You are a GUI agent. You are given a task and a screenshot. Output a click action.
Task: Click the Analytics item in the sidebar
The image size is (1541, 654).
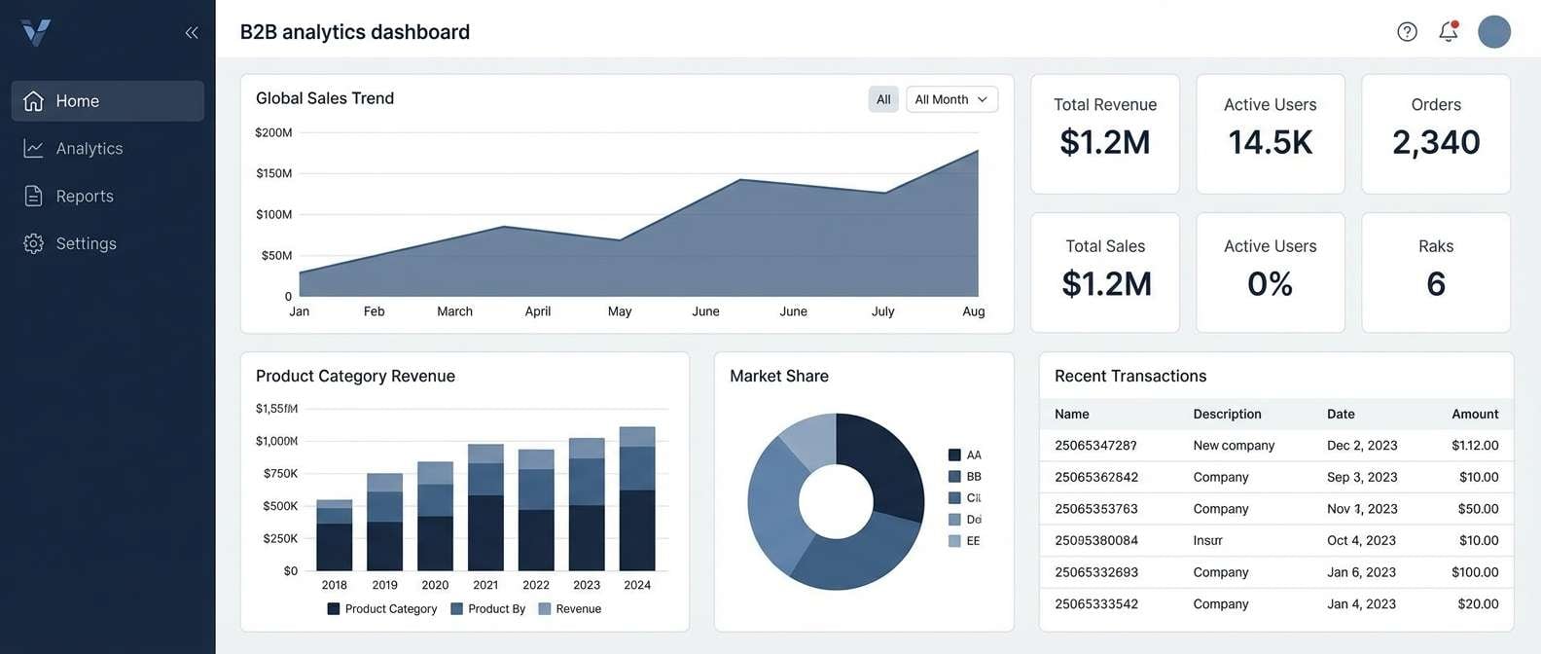tap(89, 149)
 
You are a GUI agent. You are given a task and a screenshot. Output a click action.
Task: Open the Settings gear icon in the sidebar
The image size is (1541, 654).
tap(34, 243)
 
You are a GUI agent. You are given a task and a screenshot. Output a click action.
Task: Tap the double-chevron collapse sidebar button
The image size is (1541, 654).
tap(192, 33)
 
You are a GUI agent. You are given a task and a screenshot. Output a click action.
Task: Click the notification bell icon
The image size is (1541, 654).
tap(1449, 31)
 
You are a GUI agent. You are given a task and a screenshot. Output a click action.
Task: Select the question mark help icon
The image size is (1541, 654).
tap(1407, 31)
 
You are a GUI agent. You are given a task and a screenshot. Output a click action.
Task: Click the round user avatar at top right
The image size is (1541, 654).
tap(1493, 31)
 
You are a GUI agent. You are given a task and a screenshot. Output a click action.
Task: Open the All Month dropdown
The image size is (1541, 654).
tap(951, 99)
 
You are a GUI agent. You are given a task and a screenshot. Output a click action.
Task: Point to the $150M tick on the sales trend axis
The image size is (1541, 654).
tap(273, 173)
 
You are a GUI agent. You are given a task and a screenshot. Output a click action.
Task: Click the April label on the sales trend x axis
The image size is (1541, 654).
tap(537, 311)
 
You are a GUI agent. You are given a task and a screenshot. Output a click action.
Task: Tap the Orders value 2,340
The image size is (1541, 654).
tap(1436, 143)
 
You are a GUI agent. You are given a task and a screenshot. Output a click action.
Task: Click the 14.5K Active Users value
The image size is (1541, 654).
tap(1270, 143)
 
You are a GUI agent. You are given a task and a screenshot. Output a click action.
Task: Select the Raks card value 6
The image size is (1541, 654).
tap(1436, 284)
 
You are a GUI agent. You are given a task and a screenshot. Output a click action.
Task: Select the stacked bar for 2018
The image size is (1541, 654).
tap(335, 535)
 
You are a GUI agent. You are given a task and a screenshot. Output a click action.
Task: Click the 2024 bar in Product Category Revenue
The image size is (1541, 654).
tap(637, 498)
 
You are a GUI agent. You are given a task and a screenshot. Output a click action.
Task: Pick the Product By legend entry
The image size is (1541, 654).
tap(487, 609)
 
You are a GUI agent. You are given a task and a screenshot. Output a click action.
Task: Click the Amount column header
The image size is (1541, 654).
tap(1474, 414)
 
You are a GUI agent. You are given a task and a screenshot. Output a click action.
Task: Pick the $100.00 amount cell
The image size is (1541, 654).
tap(1474, 572)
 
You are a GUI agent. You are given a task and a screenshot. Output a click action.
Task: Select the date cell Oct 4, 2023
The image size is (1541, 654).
tap(1361, 540)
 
